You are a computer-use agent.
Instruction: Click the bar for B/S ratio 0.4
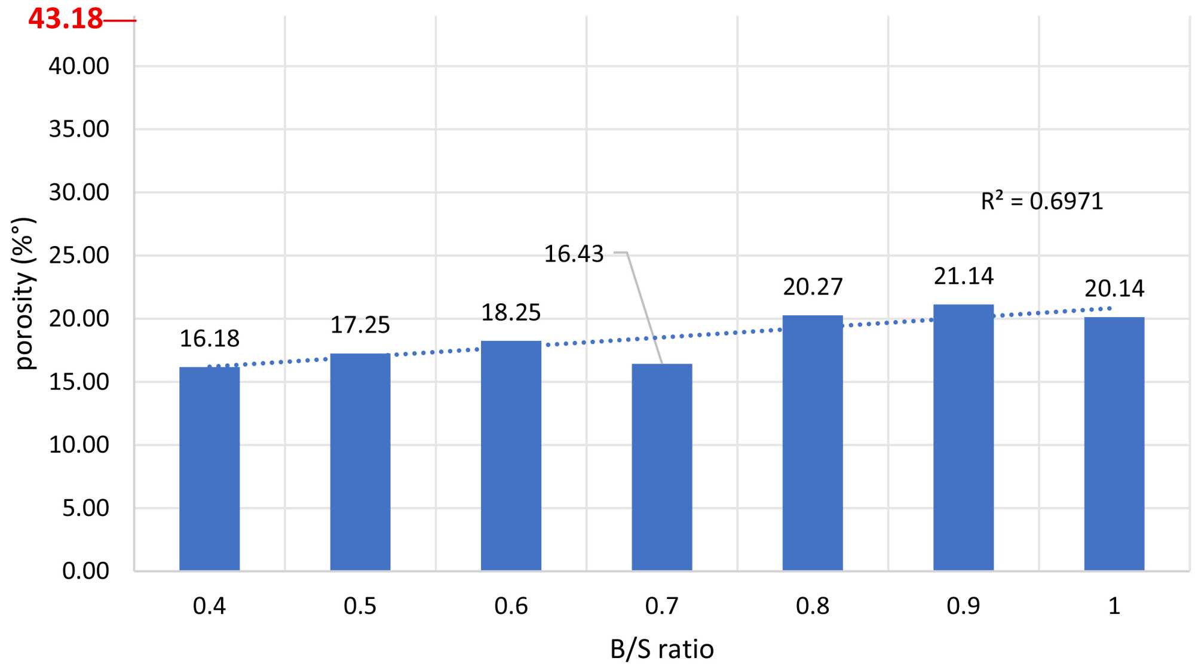209,469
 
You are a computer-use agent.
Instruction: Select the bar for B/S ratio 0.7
661,467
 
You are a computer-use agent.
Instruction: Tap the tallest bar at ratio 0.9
963,438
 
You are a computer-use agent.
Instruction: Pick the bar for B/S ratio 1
1114,444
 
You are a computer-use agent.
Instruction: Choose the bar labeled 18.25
511,456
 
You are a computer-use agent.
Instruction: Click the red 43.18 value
66,19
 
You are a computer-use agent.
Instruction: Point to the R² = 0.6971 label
1041,201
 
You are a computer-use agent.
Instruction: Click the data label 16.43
574,254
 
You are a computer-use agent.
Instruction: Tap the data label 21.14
963,276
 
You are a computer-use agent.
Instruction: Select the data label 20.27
813,287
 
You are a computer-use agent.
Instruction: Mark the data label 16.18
209,339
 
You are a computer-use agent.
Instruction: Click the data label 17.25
360,325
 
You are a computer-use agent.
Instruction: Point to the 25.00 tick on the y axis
79,256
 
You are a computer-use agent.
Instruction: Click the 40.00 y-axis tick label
79,66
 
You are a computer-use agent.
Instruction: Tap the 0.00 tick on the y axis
85,571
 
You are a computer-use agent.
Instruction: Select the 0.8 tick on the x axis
813,607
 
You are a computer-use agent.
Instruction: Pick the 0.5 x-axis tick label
360,607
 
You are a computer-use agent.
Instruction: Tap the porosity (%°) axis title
24,293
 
